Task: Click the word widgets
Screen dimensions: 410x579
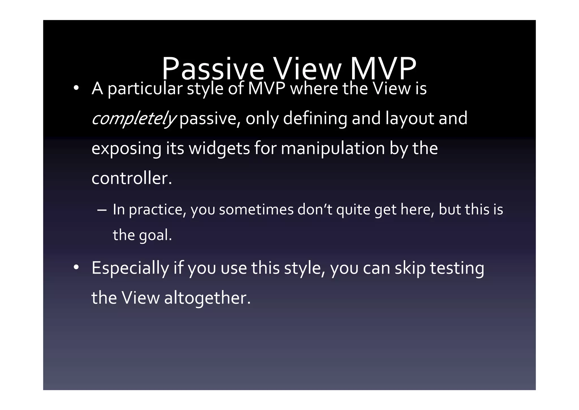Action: pos(219,148)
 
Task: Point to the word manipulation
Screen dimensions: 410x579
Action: pos(333,148)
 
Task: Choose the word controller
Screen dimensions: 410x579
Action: pos(131,178)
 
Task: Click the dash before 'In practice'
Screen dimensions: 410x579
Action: pos(101,210)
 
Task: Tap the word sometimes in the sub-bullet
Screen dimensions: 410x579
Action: pos(256,210)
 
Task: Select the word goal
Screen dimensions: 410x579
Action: pos(155,235)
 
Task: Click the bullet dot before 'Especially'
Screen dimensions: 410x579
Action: pos(76,268)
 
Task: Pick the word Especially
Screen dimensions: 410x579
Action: pos(130,268)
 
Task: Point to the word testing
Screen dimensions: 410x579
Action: pos(457,268)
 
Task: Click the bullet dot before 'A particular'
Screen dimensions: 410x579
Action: pos(76,88)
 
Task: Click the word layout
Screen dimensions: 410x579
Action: pos(410,118)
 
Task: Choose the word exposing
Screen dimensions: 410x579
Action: pos(126,148)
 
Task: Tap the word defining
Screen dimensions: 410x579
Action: pos(315,118)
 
